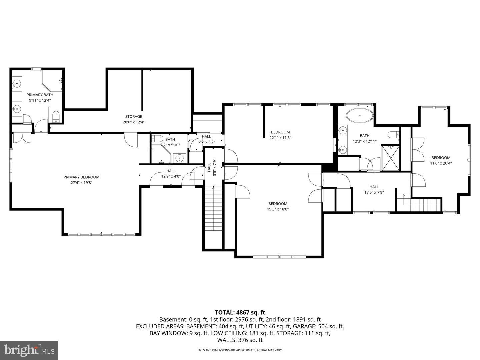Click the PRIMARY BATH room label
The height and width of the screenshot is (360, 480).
40,95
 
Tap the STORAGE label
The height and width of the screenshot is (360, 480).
134,117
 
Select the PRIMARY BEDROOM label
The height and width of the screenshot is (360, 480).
82,177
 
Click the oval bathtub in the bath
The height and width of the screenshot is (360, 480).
360,115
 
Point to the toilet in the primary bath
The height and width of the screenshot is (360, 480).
56,117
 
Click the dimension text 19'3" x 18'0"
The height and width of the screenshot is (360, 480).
278,209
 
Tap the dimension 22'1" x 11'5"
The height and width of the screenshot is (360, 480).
280,138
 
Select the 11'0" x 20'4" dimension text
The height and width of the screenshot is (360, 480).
441,163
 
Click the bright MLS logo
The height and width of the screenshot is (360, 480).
29,350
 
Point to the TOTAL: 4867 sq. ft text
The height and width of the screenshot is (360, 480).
240,313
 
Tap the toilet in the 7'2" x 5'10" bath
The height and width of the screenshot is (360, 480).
157,138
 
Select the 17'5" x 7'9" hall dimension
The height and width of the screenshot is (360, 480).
374,193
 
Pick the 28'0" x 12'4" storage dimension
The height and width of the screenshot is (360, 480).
134,122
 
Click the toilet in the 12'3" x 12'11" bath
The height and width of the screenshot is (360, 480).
394,134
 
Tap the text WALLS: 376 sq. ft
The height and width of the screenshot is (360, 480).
240,340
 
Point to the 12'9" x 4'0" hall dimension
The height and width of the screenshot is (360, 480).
171,176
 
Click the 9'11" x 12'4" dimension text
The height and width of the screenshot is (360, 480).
40,100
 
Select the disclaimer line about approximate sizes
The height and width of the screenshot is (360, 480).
240,350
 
